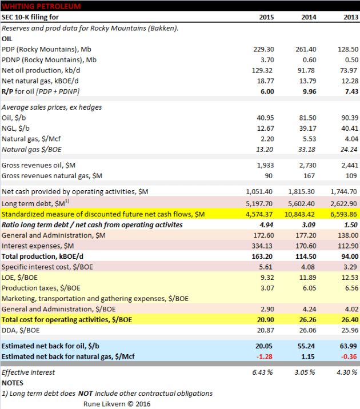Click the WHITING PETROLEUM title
click(41, 6)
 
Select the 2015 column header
click(263, 17)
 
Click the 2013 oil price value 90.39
click(347, 118)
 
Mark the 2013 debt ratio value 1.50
click(350, 224)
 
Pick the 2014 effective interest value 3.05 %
click(306, 372)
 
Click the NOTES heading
click(13, 383)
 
